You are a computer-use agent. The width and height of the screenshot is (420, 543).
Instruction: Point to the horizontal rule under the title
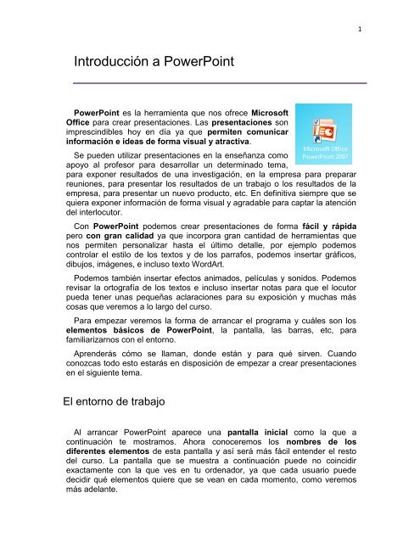[219, 83]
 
